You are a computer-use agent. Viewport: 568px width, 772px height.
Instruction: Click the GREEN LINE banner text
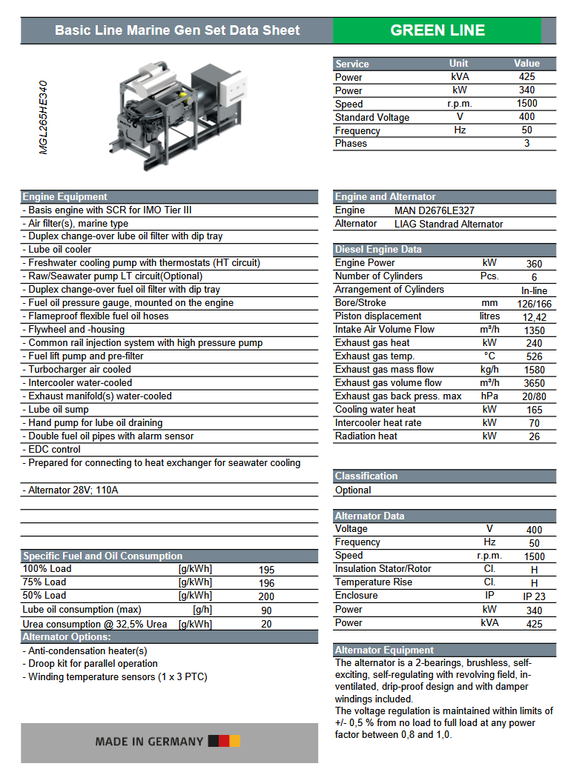[x=437, y=30]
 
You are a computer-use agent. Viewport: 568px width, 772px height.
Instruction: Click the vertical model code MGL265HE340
[x=44, y=117]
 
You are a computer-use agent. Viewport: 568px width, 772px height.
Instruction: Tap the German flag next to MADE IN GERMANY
[x=224, y=741]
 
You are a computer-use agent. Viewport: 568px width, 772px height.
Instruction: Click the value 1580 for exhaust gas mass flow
[x=534, y=370]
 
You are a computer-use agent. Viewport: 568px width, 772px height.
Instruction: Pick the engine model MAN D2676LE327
[x=435, y=210]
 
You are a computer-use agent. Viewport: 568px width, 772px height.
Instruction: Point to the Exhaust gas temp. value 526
[x=534, y=356]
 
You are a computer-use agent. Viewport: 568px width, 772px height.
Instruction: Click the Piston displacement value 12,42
[x=534, y=316]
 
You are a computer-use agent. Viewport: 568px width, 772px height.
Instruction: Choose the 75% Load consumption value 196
[x=266, y=583]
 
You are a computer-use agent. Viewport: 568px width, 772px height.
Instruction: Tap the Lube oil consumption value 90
[x=266, y=610]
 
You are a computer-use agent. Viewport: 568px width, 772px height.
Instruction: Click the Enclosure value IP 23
[x=534, y=596]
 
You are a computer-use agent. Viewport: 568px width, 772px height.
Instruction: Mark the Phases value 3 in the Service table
[x=526, y=143]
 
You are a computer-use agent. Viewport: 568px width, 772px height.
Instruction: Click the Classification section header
[x=366, y=476]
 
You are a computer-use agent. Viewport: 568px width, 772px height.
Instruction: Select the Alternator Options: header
[x=67, y=636]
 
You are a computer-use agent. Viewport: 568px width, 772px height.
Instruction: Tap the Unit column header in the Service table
[x=459, y=63]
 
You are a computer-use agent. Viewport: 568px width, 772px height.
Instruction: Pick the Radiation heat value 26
[x=534, y=436]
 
